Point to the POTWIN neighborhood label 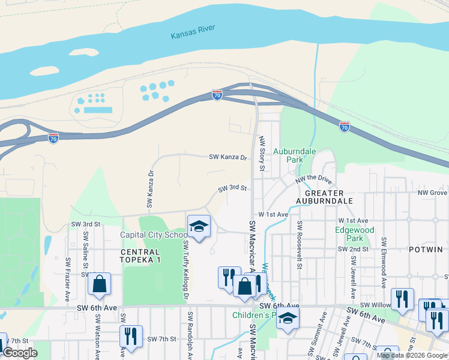point(426,249)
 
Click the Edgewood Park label point(354,234)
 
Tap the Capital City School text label point(154,235)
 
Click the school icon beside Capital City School point(199,226)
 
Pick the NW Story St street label point(262,152)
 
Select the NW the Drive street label point(313,179)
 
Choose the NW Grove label point(433,193)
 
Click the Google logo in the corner point(20,353)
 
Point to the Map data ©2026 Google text point(412,355)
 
